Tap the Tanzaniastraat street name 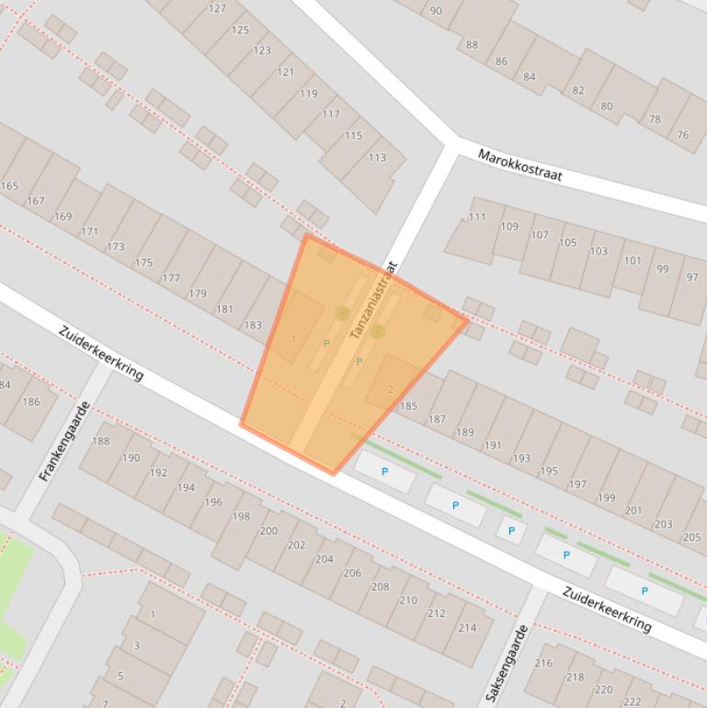(372, 300)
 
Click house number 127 (217, 8)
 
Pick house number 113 (377, 157)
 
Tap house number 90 (436, 11)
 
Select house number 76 (682, 134)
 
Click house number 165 (9, 186)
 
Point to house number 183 (253, 325)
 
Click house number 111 (477, 217)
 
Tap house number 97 (692, 277)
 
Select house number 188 (100, 440)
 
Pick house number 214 (467, 628)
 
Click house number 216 (543, 662)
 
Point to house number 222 (632, 702)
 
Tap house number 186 (31, 401)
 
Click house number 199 (607, 497)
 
